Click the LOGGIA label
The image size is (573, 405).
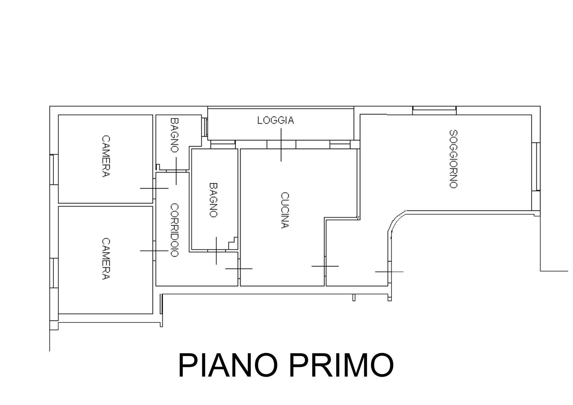(276, 120)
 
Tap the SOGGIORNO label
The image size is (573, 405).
(453, 159)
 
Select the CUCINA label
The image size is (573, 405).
(284, 210)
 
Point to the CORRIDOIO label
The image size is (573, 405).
(174, 230)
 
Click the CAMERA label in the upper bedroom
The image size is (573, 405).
(106, 156)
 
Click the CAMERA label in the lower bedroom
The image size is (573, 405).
(106, 259)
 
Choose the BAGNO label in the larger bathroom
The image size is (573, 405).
(213, 200)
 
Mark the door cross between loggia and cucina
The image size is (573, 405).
(281, 145)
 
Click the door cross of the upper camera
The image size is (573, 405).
(154, 188)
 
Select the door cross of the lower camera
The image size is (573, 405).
(154, 251)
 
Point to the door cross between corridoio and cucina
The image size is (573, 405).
(239, 269)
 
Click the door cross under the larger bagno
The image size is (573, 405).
(216, 251)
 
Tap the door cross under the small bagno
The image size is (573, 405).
(176, 171)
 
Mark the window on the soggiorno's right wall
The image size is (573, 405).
(536, 167)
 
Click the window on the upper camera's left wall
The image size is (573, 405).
(54, 170)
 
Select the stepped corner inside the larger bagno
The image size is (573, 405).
(233, 243)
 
